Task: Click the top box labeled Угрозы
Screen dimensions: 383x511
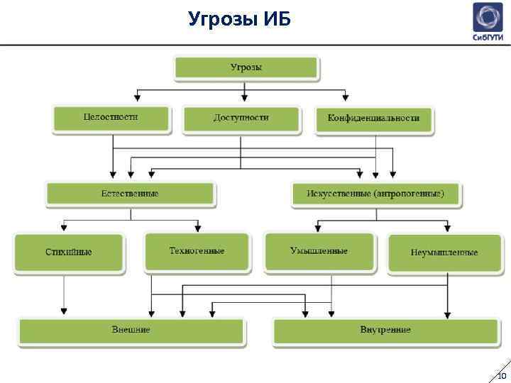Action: pyautogui.click(x=247, y=67)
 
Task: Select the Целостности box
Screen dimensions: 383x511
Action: pyautogui.click(x=111, y=118)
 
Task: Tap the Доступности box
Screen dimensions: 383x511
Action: pyautogui.click(x=241, y=118)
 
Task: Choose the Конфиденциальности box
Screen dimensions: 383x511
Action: pyautogui.click(x=374, y=119)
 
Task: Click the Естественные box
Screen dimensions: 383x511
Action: pyautogui.click(x=130, y=194)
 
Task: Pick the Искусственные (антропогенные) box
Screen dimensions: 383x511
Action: pyautogui.click(x=375, y=194)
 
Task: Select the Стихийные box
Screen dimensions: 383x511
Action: pyautogui.click(x=69, y=252)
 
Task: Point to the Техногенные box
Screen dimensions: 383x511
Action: pyautogui.click(x=197, y=251)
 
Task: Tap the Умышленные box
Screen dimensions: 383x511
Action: pyautogui.click(x=319, y=251)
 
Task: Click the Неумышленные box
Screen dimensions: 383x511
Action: pyautogui.click(x=444, y=252)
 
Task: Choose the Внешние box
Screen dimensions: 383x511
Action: pyautogui.click(x=131, y=331)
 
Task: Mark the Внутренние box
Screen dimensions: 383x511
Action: pyautogui.click(x=385, y=331)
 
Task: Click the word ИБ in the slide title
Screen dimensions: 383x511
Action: pyautogui.click(x=276, y=18)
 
